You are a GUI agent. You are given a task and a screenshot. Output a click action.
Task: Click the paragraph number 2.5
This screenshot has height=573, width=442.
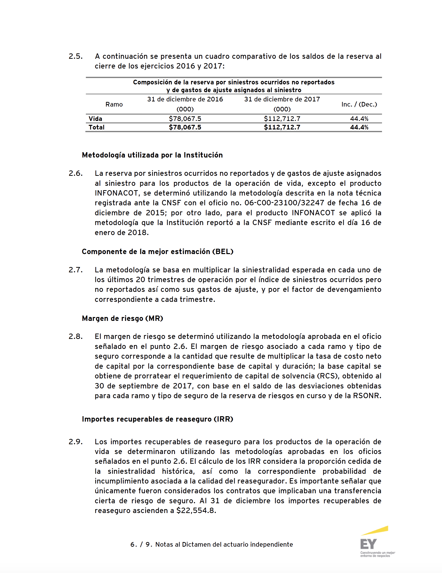(x=76, y=56)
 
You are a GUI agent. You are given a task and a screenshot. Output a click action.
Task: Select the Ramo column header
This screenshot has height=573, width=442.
(x=114, y=104)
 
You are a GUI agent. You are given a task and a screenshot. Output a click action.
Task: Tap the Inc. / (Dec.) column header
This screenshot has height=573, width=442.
(x=359, y=104)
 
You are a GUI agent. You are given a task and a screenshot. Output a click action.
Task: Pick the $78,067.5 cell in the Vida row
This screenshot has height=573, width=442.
(x=185, y=119)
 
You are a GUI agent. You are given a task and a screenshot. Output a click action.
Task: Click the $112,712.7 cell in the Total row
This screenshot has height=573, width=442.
(x=282, y=127)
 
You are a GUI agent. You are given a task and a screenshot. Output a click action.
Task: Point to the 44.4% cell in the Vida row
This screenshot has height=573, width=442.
(x=359, y=119)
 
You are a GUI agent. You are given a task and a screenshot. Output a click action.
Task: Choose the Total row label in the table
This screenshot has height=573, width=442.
(x=96, y=127)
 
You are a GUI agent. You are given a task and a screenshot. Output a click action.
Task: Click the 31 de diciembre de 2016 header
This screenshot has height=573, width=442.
(x=185, y=99)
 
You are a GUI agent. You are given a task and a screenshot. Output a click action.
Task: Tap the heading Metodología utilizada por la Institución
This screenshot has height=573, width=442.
(x=152, y=155)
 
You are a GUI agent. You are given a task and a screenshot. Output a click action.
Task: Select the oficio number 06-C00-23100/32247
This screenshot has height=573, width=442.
(x=284, y=203)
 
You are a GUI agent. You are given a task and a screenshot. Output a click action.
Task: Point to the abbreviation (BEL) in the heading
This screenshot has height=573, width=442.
(x=223, y=252)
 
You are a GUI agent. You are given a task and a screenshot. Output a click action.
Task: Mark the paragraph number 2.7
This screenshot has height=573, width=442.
(x=76, y=270)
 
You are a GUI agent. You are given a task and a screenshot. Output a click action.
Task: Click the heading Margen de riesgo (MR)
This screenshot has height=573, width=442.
(x=122, y=318)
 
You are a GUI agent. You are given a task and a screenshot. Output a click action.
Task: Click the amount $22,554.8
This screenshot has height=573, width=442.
(x=196, y=511)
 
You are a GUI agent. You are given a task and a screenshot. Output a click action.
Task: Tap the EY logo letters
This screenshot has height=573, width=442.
(x=369, y=544)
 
